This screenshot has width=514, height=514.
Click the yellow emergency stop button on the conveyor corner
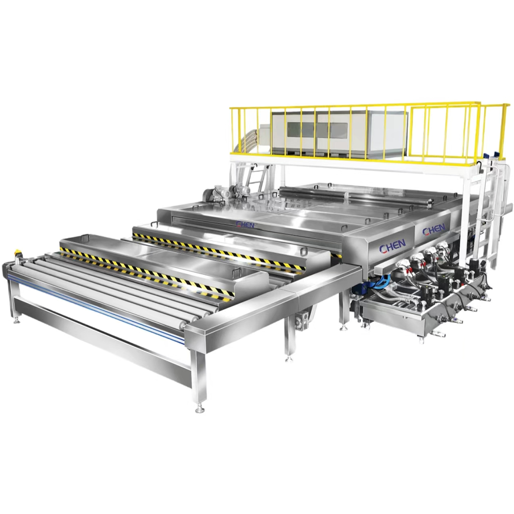(x=17, y=253)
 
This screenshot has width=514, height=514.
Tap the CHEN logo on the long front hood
(x=245, y=224)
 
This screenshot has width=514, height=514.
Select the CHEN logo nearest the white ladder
(x=433, y=230)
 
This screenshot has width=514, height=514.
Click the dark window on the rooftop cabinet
(x=317, y=130)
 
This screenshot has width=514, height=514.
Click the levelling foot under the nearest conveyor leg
(x=199, y=409)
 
